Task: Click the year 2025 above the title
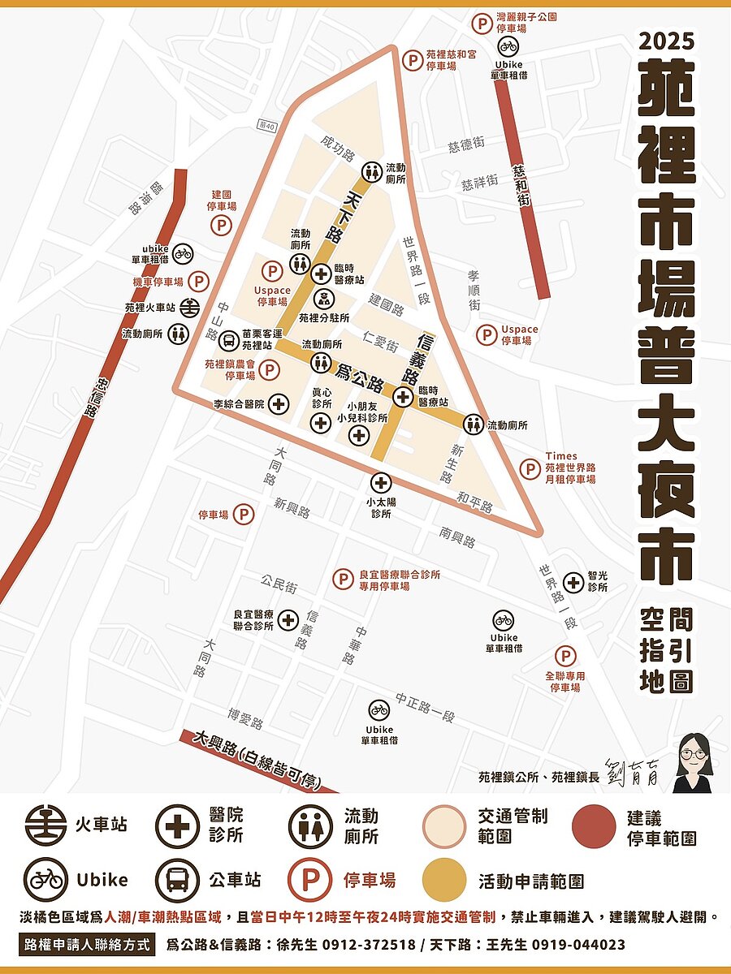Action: [x=666, y=41]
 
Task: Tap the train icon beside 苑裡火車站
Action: [x=190, y=308]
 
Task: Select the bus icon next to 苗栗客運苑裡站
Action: [x=230, y=339]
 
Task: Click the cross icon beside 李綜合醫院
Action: [x=279, y=403]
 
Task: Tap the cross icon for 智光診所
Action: [x=573, y=582]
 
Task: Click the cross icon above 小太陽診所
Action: [x=379, y=481]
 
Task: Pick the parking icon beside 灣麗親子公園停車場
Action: [x=483, y=24]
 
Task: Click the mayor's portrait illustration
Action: [x=694, y=763]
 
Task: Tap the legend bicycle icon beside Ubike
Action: [x=45, y=879]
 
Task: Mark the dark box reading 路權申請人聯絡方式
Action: [x=87, y=945]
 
